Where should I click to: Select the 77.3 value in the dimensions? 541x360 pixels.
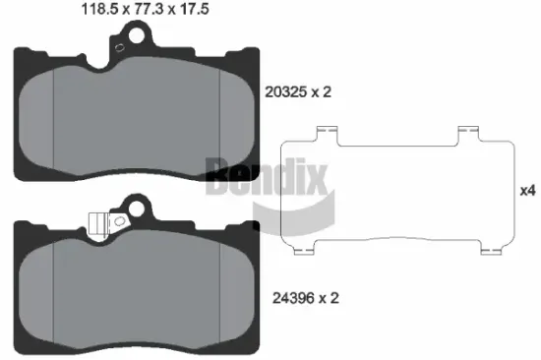[x=145, y=12]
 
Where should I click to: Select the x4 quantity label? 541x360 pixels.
[x=527, y=191]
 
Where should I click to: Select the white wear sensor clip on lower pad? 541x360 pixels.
[x=96, y=223]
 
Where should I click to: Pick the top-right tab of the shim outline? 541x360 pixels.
[x=472, y=133]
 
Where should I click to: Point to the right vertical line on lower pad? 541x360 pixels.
[x=218, y=295]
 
